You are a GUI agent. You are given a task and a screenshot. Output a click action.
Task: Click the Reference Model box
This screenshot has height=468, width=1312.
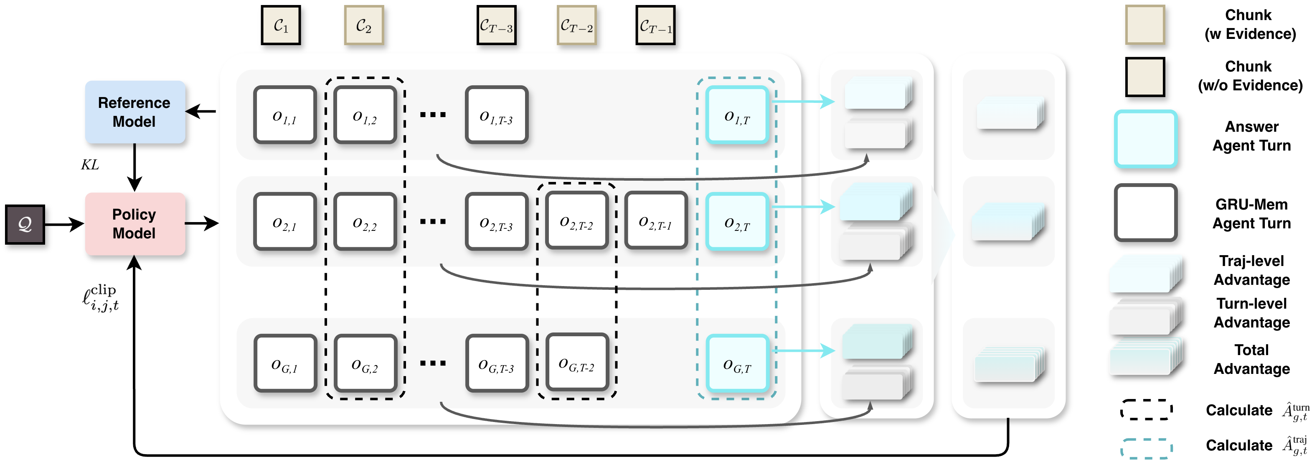tap(135, 112)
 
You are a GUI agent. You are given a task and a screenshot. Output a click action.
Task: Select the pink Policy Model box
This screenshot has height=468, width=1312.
tap(135, 224)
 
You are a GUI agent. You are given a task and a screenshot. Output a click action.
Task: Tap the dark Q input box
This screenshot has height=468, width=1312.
tap(25, 224)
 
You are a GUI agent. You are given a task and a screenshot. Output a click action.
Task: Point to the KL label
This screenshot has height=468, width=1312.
tap(90, 165)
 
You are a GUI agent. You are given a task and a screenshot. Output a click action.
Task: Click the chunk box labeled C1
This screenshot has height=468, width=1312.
tap(281, 26)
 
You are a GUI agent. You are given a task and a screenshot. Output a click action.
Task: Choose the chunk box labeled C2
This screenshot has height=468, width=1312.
tap(364, 26)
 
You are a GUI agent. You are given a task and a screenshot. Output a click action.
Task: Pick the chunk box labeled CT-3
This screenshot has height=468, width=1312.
tap(496, 26)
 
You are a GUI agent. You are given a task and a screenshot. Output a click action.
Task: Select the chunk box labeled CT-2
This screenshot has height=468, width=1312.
tap(576, 26)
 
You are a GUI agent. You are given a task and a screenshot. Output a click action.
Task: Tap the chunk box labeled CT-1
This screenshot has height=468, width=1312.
tap(655, 26)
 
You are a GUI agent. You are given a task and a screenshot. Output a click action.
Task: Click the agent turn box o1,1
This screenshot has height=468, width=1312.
tap(285, 115)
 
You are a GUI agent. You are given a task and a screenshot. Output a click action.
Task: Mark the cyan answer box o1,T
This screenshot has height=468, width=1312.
tap(737, 115)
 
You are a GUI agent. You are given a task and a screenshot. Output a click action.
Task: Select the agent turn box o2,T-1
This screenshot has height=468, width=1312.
tap(655, 221)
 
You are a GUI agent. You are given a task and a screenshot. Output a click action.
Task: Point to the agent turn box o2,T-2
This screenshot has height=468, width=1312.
tap(576, 221)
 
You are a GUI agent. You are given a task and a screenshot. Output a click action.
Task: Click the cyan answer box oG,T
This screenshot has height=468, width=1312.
tap(737, 363)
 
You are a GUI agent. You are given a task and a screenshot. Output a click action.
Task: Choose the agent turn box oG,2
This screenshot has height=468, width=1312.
tap(365, 363)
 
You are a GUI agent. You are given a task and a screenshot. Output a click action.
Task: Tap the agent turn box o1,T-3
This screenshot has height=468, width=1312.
tap(496, 115)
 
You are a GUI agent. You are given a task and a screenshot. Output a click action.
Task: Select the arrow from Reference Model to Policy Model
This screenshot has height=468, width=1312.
tap(134, 167)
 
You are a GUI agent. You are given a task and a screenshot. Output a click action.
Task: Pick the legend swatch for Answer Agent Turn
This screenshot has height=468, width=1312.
tap(1145, 139)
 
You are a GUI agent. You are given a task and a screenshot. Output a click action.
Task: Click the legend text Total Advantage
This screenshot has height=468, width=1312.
tap(1251, 359)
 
